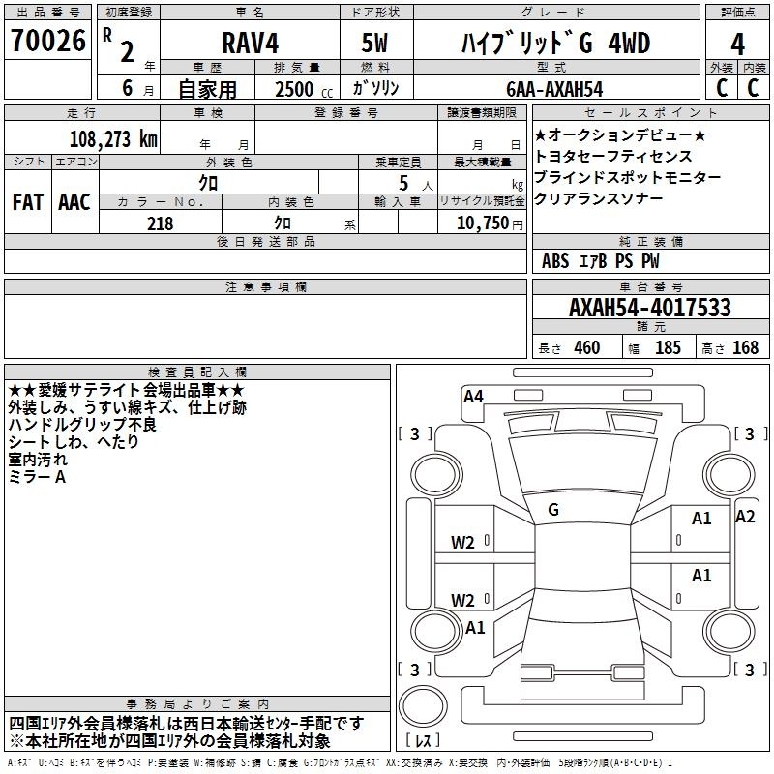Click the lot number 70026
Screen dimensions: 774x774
point(48,41)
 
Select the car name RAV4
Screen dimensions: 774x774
point(251,43)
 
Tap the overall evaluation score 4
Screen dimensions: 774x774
point(737,44)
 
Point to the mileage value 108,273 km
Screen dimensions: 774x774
point(113,138)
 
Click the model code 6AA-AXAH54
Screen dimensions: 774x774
point(554,89)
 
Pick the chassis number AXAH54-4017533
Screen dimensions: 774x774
point(650,308)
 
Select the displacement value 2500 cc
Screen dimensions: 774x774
point(304,89)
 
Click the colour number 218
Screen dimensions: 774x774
point(161,223)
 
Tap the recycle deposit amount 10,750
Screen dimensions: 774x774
point(483,223)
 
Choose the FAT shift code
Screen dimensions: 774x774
point(28,202)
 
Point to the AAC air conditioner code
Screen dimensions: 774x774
point(74,202)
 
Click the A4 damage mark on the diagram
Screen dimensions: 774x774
point(473,397)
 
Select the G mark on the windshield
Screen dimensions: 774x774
point(553,510)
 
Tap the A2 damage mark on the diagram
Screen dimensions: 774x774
point(745,517)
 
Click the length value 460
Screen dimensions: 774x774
point(587,347)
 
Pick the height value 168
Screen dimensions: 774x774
point(745,347)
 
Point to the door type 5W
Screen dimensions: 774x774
point(374,43)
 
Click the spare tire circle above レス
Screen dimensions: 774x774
point(423,706)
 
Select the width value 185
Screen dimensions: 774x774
point(668,347)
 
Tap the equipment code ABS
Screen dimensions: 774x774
point(555,261)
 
